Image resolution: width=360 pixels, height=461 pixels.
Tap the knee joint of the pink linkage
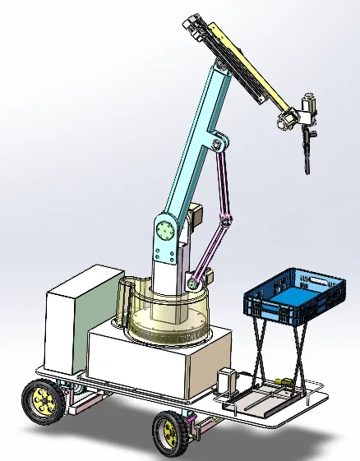tap(226, 220)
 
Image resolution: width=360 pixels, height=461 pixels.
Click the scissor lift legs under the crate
tap(279, 353)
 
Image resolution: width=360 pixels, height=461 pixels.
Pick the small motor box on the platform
tap(227, 380)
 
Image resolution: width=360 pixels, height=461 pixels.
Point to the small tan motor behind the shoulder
tap(197, 218)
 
